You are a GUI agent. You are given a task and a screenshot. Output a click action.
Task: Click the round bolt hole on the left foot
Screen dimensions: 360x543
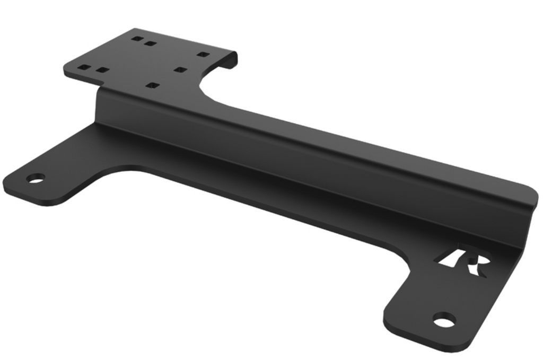point(36,179)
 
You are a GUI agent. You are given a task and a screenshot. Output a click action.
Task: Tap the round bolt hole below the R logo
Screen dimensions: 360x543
point(444,320)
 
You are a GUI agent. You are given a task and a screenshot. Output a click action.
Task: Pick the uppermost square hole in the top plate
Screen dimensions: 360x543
point(137,39)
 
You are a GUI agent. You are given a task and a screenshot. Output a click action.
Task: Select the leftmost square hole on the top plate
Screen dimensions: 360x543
point(84,67)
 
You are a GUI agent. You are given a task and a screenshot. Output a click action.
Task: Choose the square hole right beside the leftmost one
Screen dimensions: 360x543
point(102,70)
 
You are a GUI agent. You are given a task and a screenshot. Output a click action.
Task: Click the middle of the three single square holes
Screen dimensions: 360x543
point(180,69)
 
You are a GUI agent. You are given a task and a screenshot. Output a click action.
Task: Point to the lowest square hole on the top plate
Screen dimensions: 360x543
point(153,85)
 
